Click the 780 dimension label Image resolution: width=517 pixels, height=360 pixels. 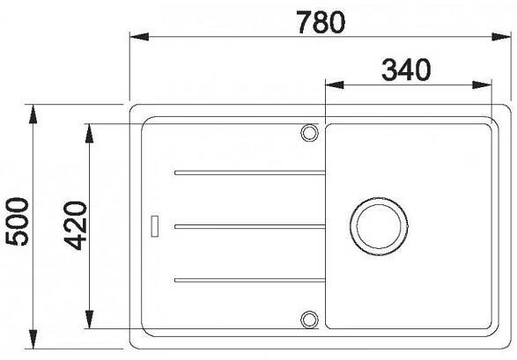pos(321,22)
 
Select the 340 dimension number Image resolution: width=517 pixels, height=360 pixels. pos(406,70)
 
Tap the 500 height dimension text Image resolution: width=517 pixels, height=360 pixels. pos(18,221)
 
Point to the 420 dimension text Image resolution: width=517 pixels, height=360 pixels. pos(75,225)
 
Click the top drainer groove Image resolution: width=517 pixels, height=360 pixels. pos(250,173)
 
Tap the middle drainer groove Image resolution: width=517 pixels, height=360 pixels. pos(250,226)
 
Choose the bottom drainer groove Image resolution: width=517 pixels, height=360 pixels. pos(250,280)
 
